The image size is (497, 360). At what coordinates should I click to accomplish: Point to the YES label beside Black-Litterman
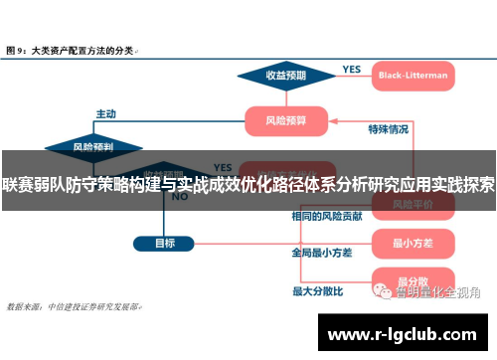click(x=351, y=69)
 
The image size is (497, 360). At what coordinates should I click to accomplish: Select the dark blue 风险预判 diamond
click(x=92, y=146)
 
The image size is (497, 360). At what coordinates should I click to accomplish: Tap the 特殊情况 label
click(x=388, y=129)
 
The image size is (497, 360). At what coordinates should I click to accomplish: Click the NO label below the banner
click(x=179, y=197)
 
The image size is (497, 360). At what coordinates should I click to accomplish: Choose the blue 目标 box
click(x=165, y=243)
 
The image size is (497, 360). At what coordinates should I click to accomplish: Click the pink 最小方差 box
click(x=410, y=242)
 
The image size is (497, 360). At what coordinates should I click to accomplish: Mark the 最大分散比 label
click(x=317, y=291)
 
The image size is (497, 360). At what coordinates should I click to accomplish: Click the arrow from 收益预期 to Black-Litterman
click(x=344, y=76)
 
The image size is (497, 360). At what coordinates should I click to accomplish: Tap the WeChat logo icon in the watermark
click(x=383, y=291)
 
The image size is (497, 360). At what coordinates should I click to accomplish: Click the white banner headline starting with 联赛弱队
click(x=248, y=184)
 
